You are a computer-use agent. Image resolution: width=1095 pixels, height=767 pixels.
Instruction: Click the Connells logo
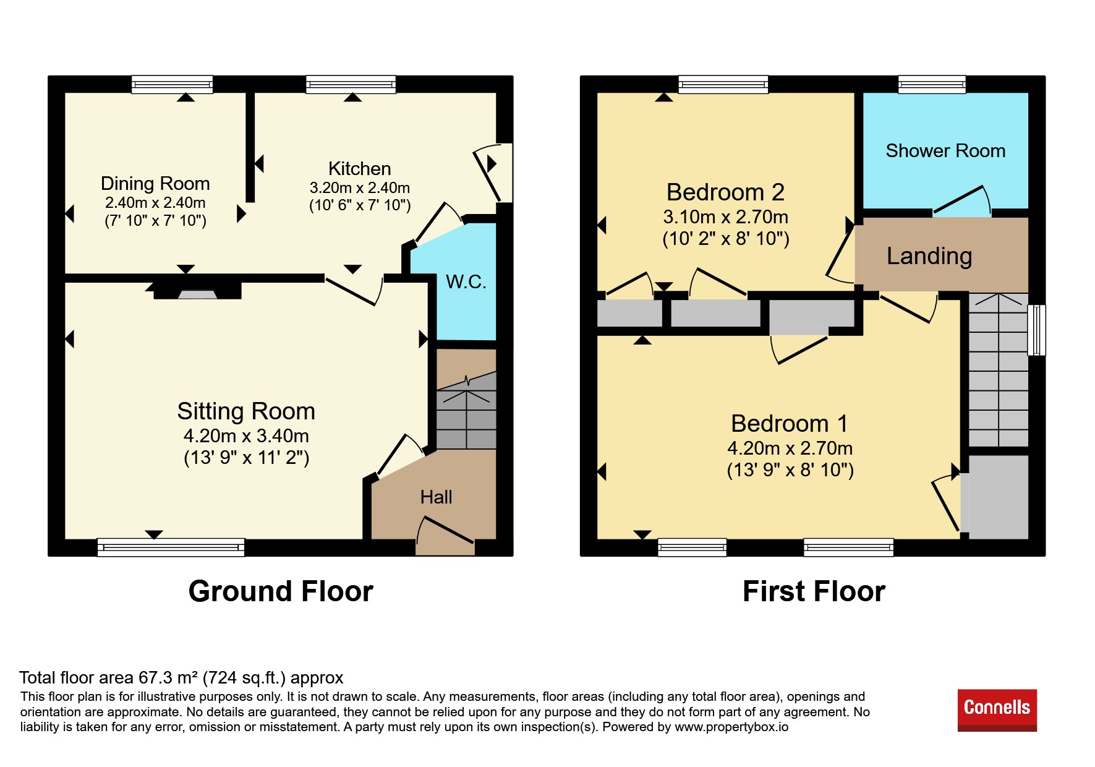click(997, 709)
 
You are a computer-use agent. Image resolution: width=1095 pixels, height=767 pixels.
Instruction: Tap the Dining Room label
click(155, 184)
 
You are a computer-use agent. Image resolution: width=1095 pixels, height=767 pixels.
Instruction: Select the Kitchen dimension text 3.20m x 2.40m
click(360, 187)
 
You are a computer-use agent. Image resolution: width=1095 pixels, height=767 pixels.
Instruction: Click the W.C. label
click(466, 282)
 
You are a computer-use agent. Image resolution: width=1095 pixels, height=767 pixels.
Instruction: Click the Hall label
click(436, 497)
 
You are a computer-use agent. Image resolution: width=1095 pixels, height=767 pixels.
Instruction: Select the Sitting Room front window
click(171, 547)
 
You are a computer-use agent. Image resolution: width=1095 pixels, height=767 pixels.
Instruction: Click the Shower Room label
click(945, 151)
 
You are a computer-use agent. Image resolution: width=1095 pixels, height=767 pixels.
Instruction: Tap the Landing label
click(929, 256)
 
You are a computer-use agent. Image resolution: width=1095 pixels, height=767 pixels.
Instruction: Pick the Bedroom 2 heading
click(725, 192)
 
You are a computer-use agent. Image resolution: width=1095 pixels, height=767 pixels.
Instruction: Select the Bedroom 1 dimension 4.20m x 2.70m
click(790, 448)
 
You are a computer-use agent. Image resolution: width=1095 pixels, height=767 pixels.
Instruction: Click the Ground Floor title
click(281, 591)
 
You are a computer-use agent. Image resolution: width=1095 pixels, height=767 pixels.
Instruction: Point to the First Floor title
click(814, 591)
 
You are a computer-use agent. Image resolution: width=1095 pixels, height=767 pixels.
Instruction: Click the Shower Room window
click(932, 84)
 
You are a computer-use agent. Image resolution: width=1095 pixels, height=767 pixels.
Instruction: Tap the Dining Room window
click(172, 84)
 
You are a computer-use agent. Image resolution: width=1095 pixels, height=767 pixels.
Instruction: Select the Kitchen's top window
click(351, 84)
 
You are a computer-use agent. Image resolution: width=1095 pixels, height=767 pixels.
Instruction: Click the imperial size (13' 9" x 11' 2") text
click(247, 458)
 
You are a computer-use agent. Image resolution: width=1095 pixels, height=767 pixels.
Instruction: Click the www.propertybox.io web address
click(731, 727)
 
